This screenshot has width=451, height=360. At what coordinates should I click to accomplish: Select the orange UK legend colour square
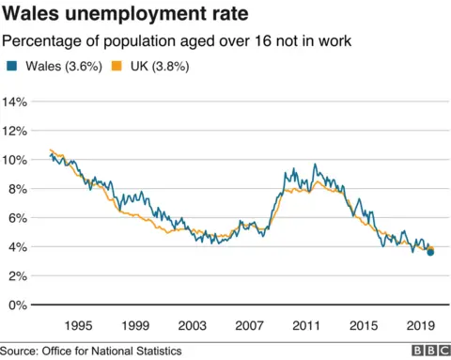pyautogui.click(x=117, y=66)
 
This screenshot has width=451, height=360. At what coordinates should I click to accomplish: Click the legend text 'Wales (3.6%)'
pyautogui.click(x=60, y=66)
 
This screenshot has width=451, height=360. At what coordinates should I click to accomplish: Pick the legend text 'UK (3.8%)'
pyautogui.click(x=153, y=66)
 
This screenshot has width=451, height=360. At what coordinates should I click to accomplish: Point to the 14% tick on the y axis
pyautogui.click(x=17, y=102)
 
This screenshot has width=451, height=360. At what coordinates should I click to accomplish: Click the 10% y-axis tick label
pyautogui.click(x=17, y=160)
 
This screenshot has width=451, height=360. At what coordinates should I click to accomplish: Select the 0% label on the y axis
pyautogui.click(x=20, y=305)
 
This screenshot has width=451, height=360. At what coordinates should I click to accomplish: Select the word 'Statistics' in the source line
pyautogui.click(x=156, y=351)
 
